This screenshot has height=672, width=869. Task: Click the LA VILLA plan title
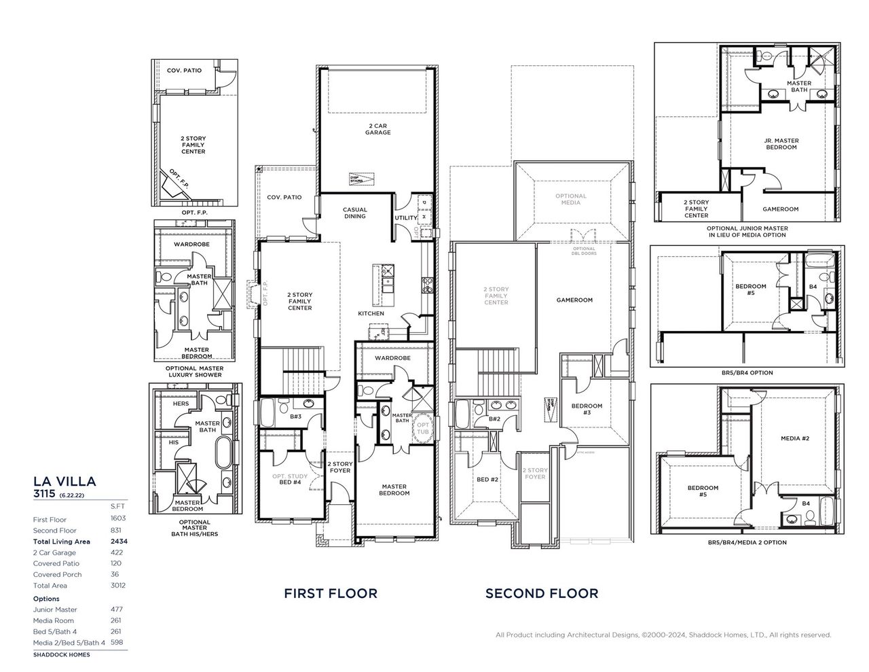click(x=64, y=481)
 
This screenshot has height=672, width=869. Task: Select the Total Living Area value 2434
click(x=119, y=542)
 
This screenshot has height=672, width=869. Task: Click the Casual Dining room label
click(x=354, y=213)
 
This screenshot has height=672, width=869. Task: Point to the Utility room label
click(x=405, y=218)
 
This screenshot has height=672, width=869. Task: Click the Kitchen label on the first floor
click(x=371, y=313)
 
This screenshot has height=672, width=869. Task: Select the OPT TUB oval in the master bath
click(x=423, y=428)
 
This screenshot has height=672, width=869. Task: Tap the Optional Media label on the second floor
click(x=570, y=199)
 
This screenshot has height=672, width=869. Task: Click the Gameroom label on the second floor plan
click(x=574, y=300)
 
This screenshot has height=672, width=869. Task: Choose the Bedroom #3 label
click(x=586, y=409)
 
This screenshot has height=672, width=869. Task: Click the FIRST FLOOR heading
click(x=330, y=593)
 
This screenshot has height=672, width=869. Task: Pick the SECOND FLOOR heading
click(x=541, y=593)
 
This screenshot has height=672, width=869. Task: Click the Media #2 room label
click(x=794, y=438)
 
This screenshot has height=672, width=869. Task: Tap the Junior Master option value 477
click(x=116, y=609)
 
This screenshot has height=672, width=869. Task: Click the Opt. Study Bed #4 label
click(x=290, y=479)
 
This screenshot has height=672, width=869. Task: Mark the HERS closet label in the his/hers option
click(x=181, y=404)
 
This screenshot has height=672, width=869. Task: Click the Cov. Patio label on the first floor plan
click(x=284, y=197)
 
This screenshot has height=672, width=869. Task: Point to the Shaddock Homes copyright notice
click(x=663, y=635)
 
